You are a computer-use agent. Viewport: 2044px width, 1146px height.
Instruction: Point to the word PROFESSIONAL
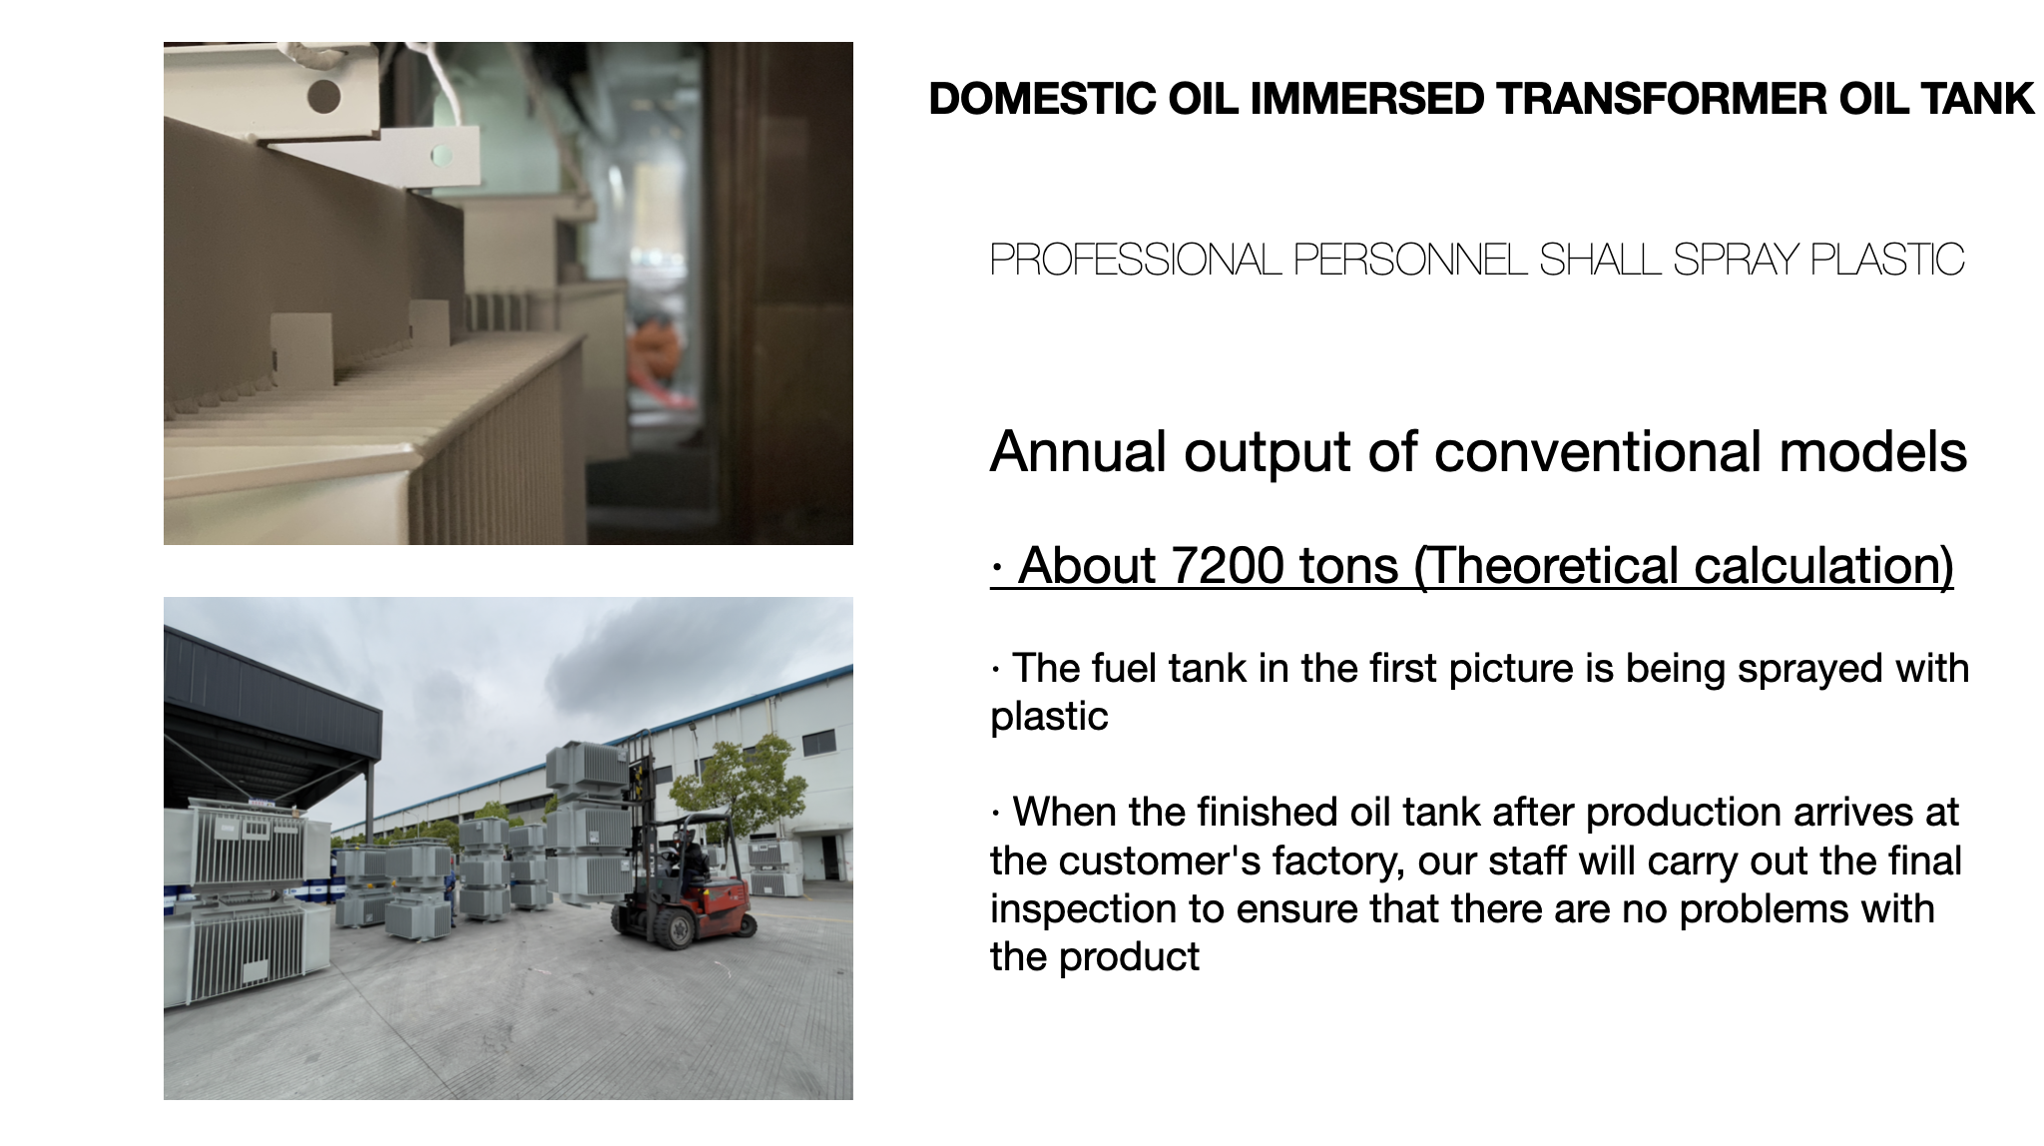[1136, 260]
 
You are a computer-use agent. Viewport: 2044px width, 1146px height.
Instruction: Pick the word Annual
[1079, 452]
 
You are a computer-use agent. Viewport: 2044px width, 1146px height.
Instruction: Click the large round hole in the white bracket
[323, 97]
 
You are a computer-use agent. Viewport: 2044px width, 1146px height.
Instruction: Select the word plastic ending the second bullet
[1049, 717]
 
